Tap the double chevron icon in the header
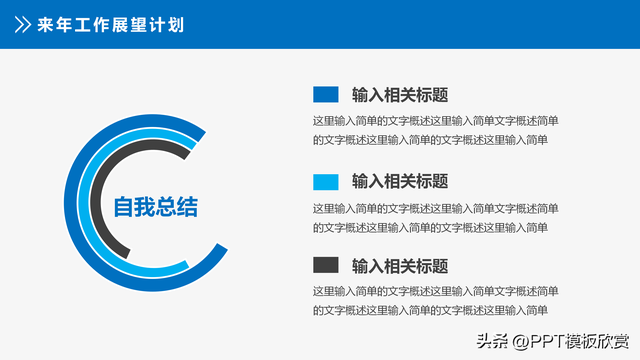click(x=21, y=24)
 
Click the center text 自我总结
click(x=155, y=207)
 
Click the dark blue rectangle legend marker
click(x=326, y=95)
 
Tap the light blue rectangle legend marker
click(x=326, y=181)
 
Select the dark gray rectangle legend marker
click(x=326, y=265)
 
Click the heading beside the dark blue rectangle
click(x=399, y=95)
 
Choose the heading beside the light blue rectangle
click(x=399, y=181)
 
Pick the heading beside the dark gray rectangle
click(x=399, y=266)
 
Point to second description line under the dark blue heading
click(x=430, y=140)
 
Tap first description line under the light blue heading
click(x=435, y=208)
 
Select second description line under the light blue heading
click(x=430, y=227)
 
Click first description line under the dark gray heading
click(x=435, y=291)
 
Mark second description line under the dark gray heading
click(x=430, y=310)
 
